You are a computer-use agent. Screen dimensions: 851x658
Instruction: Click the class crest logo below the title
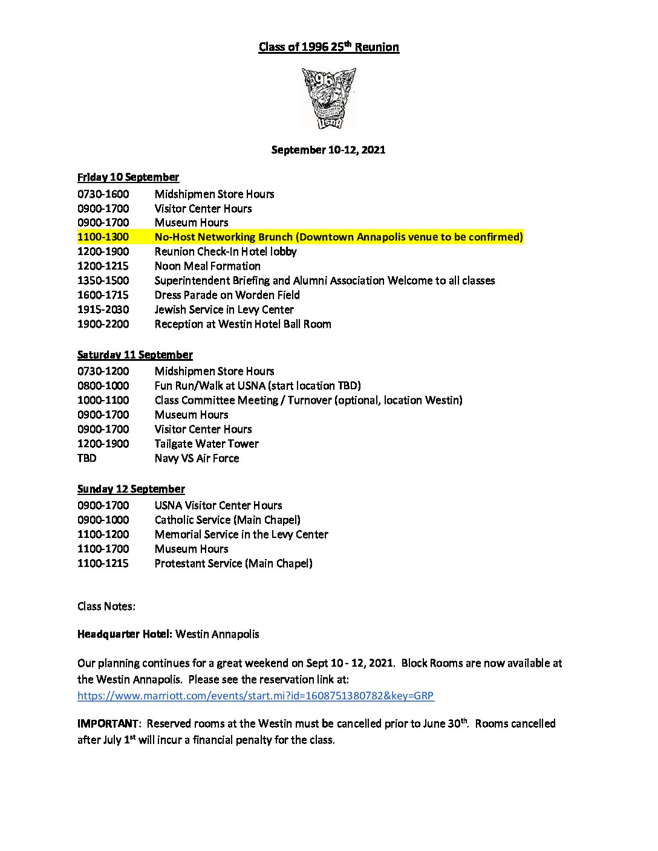[329, 98]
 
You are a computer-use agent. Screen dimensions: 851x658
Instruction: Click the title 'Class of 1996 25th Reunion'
[328, 47]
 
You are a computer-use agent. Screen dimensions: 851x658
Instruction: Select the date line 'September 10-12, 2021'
[328, 149]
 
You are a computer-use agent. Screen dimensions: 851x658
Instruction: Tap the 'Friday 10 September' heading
[128, 177]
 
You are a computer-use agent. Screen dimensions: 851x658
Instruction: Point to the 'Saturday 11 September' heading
[135, 355]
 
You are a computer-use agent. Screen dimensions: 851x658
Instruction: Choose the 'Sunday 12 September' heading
[131, 489]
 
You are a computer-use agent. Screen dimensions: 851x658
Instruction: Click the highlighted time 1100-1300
[103, 237]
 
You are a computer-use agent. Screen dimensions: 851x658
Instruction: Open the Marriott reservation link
[255, 696]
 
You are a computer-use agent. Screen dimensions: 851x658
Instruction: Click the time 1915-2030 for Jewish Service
[103, 309]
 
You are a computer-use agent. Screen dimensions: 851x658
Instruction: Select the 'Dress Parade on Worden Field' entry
[227, 295]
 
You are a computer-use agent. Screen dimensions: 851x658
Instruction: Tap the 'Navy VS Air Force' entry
[197, 458]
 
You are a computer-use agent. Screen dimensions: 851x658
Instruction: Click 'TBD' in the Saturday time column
[86, 458]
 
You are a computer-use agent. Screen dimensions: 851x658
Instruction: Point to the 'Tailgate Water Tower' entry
[206, 444]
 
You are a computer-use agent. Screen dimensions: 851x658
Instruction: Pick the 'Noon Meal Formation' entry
[207, 266]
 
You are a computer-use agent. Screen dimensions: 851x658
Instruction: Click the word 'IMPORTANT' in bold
[108, 723]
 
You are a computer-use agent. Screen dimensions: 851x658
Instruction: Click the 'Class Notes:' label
[106, 606]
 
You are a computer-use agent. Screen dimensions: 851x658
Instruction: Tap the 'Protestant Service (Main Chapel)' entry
[233, 563]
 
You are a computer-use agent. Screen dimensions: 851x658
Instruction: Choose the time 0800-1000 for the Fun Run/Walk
[103, 386]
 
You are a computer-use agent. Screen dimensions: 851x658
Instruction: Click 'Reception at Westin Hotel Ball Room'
[243, 324]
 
